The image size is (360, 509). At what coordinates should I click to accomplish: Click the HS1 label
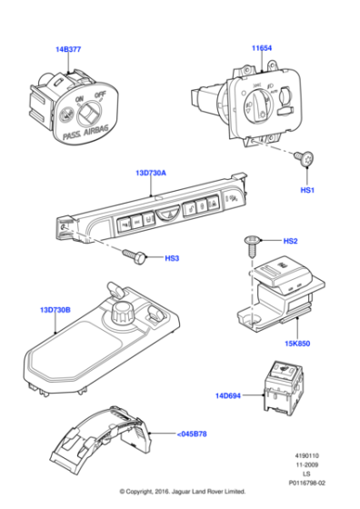(307, 190)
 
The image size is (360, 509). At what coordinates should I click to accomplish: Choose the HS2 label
(291, 242)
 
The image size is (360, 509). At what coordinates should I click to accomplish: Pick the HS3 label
(171, 258)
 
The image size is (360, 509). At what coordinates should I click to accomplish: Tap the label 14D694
(231, 395)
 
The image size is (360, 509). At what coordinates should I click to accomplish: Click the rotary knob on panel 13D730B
(118, 315)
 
